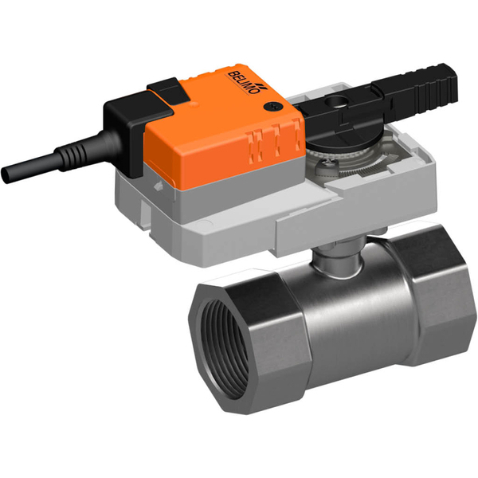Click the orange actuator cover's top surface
pos(223,112)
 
